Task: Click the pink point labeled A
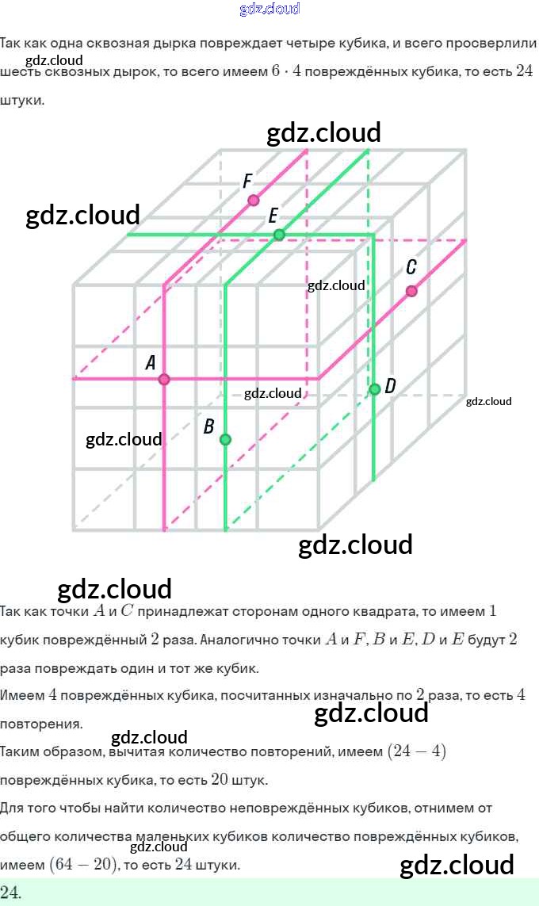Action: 164,380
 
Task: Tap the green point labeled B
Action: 225,439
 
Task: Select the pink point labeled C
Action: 411,291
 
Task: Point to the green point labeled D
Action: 375,388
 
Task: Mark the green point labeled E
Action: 279,235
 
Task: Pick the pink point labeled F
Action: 253,200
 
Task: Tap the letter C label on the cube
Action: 411,267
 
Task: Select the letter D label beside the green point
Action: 390,386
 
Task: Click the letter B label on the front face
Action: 208,426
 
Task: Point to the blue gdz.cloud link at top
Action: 269,9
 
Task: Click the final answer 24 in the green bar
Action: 11,893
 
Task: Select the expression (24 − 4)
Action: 416,751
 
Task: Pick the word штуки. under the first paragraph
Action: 22,101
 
